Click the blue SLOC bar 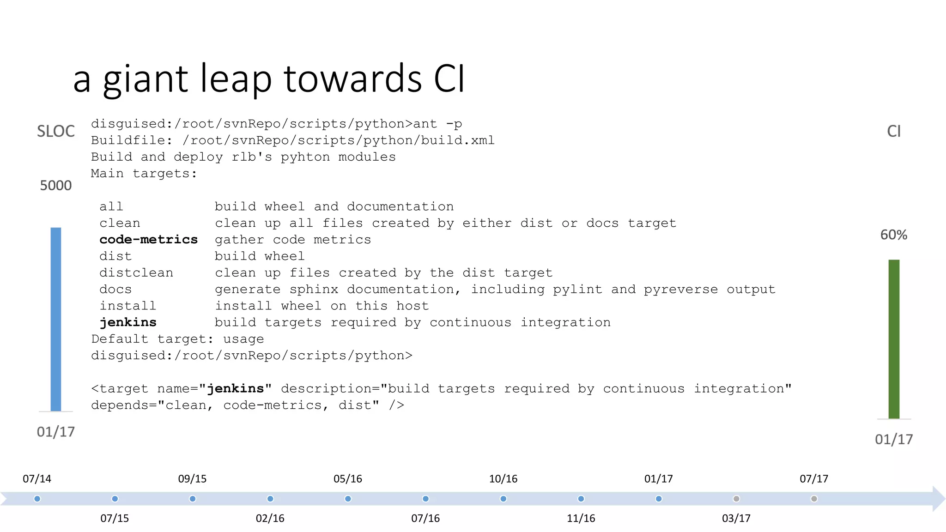pyautogui.click(x=55, y=319)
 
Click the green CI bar pyautogui.click(x=894, y=339)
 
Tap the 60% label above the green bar pyautogui.click(x=893, y=235)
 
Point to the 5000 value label pyautogui.click(x=55, y=186)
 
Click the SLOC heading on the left pyautogui.click(x=55, y=131)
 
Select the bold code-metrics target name pyautogui.click(x=148, y=240)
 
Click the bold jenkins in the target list pyautogui.click(x=128, y=322)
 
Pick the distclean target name pyautogui.click(x=136, y=273)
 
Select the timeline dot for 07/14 pyautogui.click(x=37, y=499)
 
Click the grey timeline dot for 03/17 pyautogui.click(x=736, y=499)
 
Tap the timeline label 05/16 pyautogui.click(x=347, y=479)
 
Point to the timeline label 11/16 pyautogui.click(x=581, y=519)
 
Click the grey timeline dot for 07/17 pyautogui.click(x=814, y=499)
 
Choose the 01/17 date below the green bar pyautogui.click(x=893, y=439)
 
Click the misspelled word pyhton pyautogui.click(x=305, y=157)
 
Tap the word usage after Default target pyautogui.click(x=243, y=339)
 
